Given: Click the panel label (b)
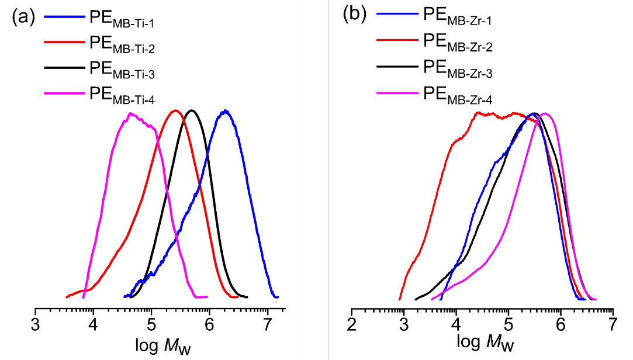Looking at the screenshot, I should click(354, 14).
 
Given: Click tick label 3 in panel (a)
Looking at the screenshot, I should click(36, 323).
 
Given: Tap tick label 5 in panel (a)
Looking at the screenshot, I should click(151, 323).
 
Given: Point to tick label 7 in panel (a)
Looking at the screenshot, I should click(267, 323).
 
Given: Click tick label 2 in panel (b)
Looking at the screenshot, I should click(352, 323).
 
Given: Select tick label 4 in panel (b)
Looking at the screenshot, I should click(456, 323).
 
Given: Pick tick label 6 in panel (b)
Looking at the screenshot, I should click(561, 323).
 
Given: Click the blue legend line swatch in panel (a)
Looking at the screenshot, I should click(64, 18).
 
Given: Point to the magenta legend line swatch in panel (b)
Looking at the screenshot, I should click(397, 91).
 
